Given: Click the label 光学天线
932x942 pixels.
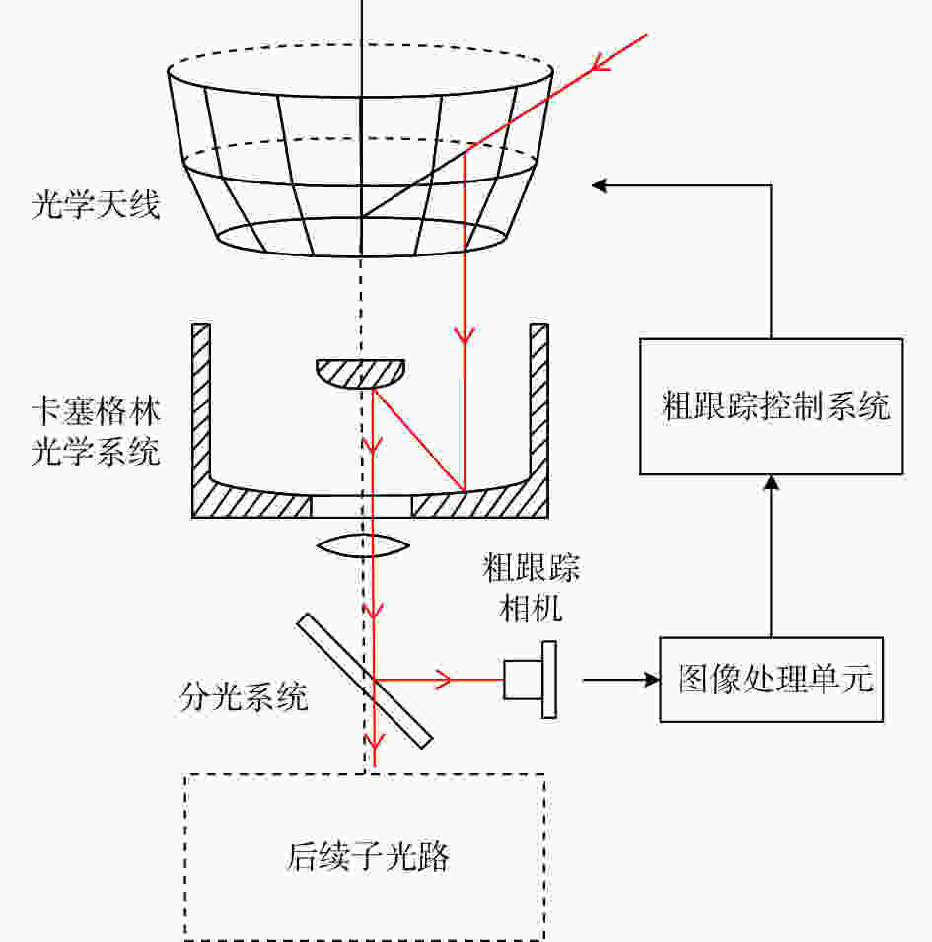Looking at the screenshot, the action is [x=96, y=205].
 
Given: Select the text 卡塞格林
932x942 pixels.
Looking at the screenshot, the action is [x=96, y=412].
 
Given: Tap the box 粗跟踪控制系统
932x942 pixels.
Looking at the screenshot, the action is [x=771, y=406].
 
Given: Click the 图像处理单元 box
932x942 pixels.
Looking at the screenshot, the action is [x=771, y=680].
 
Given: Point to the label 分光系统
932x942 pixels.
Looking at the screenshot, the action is [x=244, y=697].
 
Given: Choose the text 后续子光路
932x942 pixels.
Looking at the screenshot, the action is [x=368, y=857].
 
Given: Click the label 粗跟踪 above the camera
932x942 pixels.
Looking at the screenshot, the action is [x=532, y=568].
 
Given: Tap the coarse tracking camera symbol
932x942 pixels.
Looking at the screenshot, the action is [x=531, y=680].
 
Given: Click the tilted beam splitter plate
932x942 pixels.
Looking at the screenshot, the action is [x=365, y=681].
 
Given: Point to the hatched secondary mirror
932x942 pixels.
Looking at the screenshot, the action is [x=360, y=373].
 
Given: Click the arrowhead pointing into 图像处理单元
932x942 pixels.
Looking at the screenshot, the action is [x=652, y=680].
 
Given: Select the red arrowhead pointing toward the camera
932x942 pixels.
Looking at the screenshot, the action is [x=444, y=680].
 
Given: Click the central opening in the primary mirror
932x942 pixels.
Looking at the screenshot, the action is [x=362, y=506].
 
